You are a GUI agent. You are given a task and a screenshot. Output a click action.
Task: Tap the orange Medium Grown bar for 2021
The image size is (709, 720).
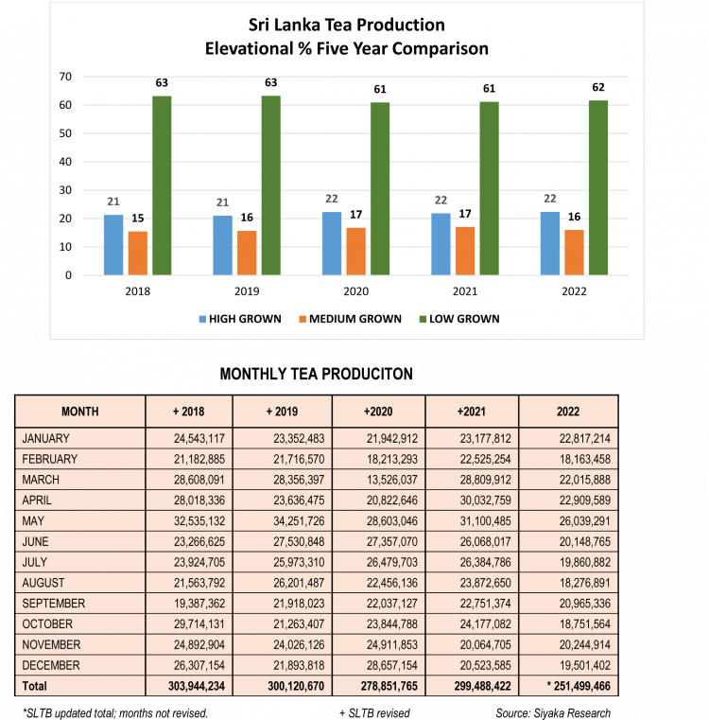465,251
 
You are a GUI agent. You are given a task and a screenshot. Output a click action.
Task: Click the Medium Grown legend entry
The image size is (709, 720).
353,319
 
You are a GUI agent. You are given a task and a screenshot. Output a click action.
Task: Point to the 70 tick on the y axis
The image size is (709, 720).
65,76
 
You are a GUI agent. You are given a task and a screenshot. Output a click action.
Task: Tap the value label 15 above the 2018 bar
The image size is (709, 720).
138,219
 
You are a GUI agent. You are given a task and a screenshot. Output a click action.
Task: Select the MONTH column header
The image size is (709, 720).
80,412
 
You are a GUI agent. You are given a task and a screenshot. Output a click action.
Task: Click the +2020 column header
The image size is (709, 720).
378,412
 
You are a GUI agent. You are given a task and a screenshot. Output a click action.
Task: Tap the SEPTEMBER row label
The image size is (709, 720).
53,603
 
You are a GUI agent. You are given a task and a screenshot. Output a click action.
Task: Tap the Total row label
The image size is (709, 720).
34,686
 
